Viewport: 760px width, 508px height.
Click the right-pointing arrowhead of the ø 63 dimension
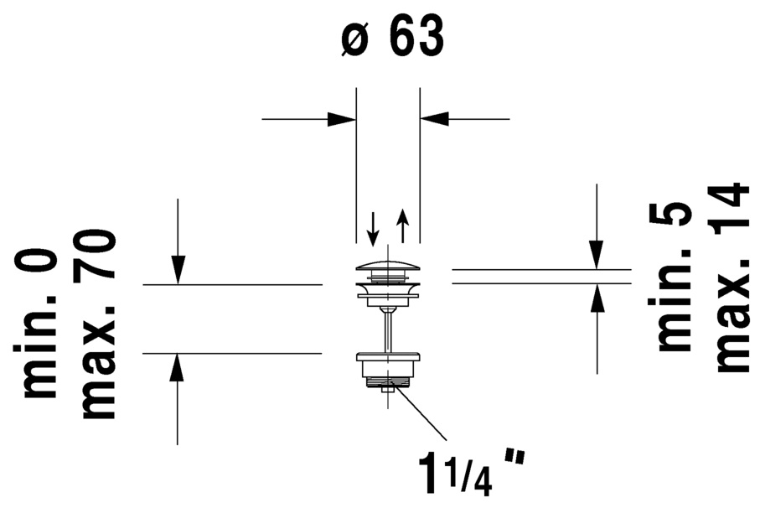point(342,118)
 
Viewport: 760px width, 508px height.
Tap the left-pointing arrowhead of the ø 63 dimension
point(434,118)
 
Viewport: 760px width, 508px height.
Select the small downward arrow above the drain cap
point(373,229)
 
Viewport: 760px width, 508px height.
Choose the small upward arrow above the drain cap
point(403,225)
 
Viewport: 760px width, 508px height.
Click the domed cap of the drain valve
point(388,266)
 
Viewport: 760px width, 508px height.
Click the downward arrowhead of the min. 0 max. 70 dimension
point(178,270)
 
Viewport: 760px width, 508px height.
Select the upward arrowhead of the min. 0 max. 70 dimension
point(178,368)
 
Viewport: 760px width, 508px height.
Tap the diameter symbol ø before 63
point(354,39)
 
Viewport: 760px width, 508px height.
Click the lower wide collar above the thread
point(388,358)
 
